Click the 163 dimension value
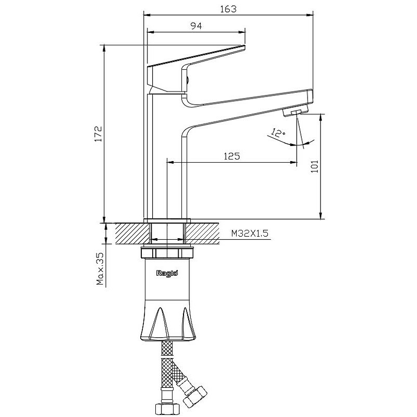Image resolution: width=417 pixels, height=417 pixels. pyautogui.click(x=228, y=9)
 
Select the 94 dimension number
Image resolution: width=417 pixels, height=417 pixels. pyautogui.click(x=197, y=26)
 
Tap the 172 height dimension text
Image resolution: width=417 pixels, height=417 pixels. pyautogui.click(x=99, y=134)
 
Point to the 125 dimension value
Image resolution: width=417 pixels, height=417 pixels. pyautogui.click(x=231, y=156)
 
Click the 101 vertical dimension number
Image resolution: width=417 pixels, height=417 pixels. pyautogui.click(x=315, y=166)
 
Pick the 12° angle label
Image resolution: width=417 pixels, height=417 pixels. pyautogui.click(x=278, y=132)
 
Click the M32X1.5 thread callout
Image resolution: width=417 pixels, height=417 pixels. pyautogui.click(x=250, y=233)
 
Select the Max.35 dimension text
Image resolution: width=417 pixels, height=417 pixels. pyautogui.click(x=100, y=268)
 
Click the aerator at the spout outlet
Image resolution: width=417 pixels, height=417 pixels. pyautogui.click(x=295, y=111)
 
